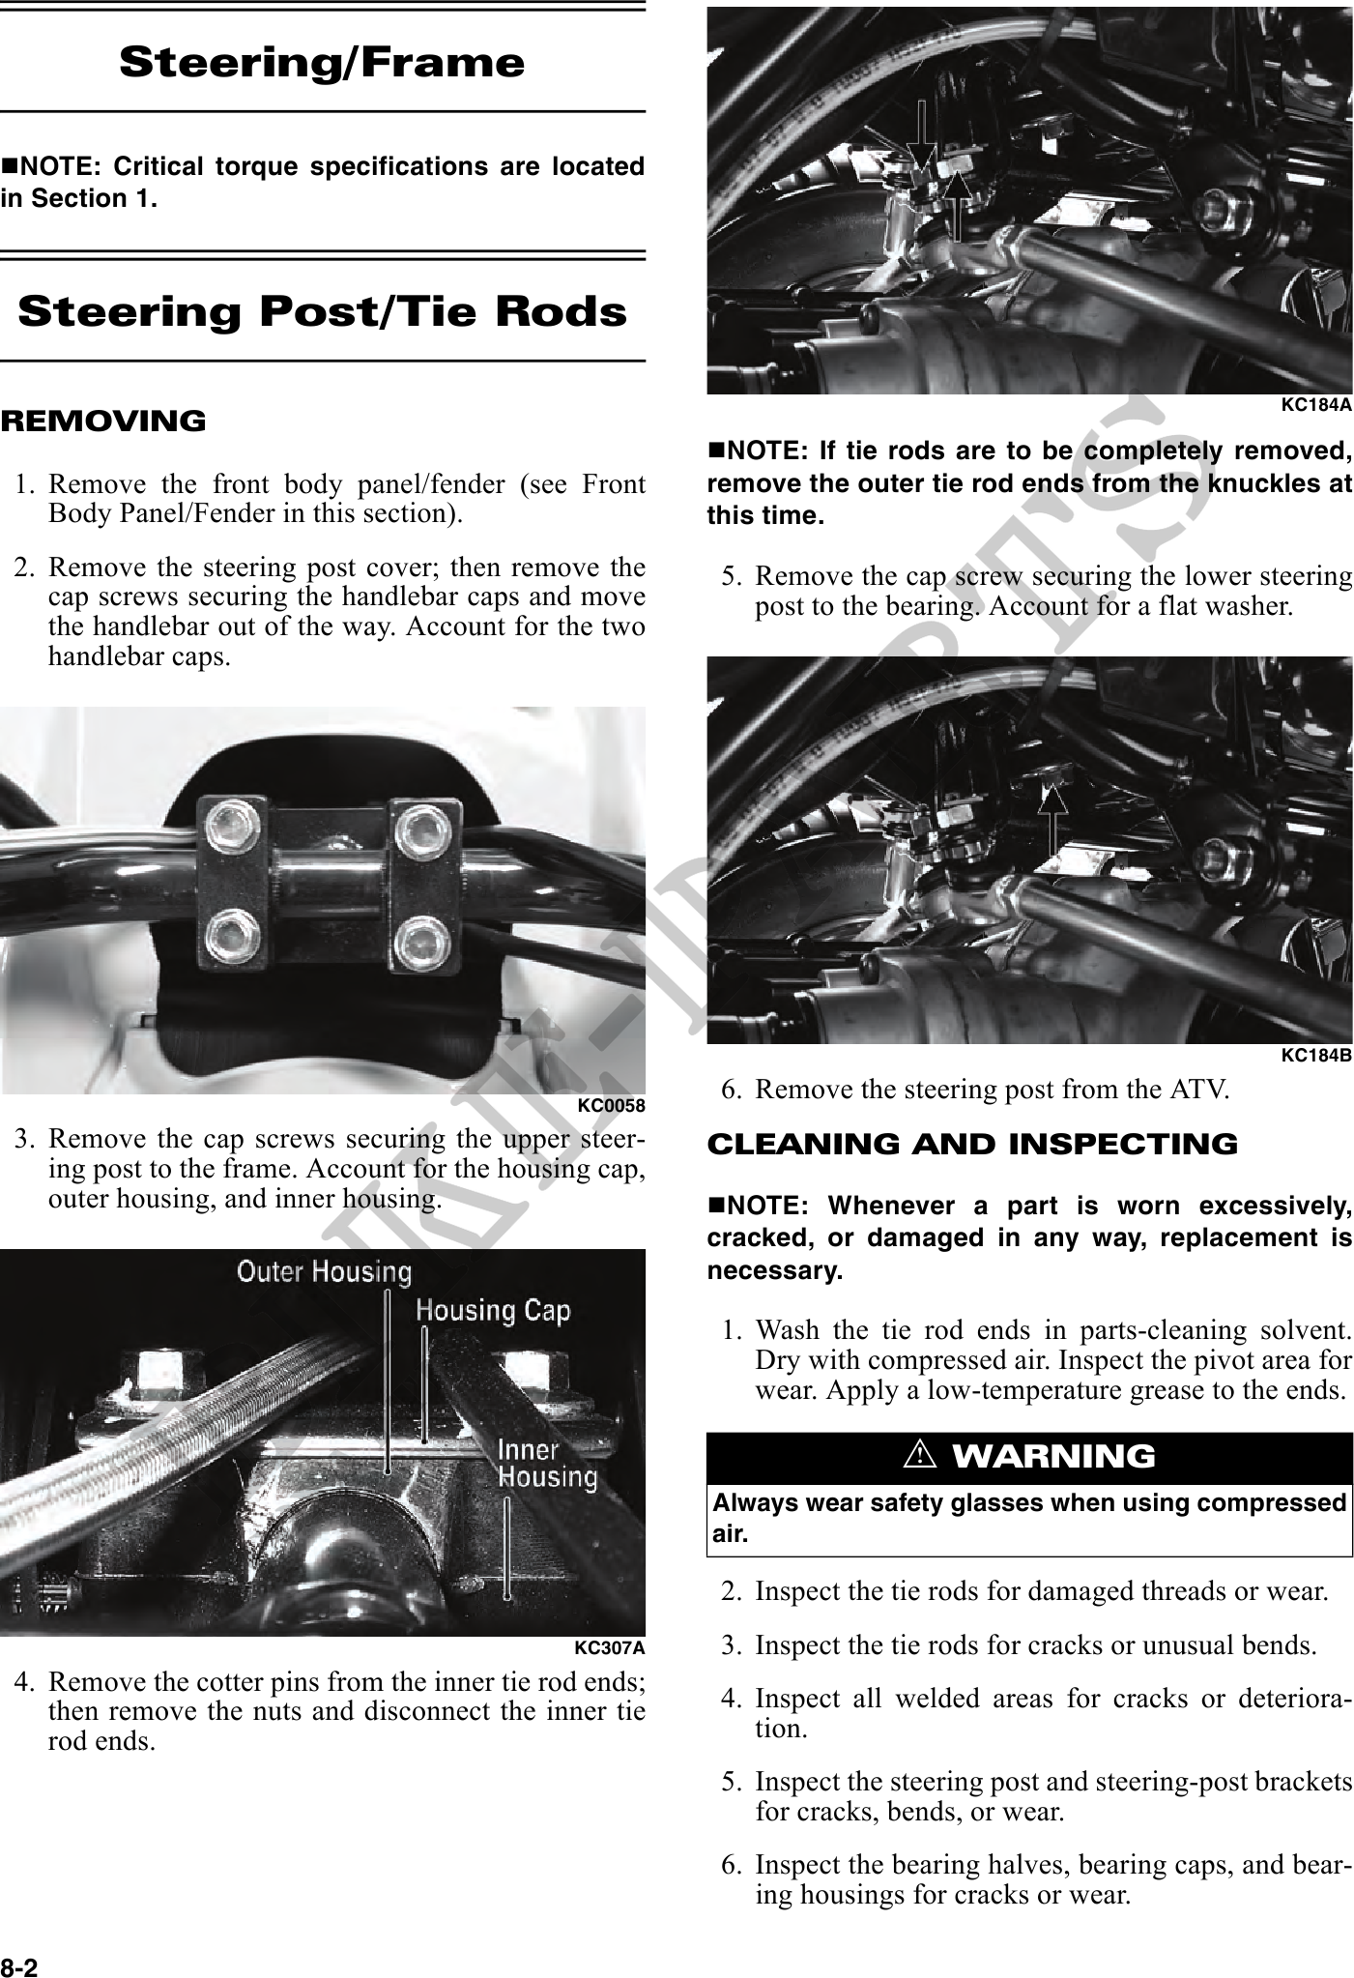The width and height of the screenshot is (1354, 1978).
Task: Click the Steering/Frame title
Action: pyautogui.click(x=322, y=63)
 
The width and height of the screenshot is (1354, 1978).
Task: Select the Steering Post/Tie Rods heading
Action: pyautogui.click(x=322, y=312)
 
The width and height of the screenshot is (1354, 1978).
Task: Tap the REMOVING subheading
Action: pyautogui.click(x=103, y=422)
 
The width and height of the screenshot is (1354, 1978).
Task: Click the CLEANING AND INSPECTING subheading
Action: pyautogui.click(x=972, y=1144)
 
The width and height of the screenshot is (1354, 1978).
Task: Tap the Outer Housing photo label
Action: pyautogui.click(x=325, y=1272)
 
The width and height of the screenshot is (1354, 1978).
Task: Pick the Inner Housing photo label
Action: pyautogui.click(x=547, y=1463)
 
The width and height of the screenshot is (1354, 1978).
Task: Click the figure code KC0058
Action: pyautogui.click(x=611, y=1105)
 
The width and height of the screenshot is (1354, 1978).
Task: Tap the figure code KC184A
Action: pyautogui.click(x=1316, y=405)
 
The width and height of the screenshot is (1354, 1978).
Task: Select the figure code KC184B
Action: pyautogui.click(x=1316, y=1055)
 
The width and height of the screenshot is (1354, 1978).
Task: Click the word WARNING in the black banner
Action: pyautogui.click(x=1053, y=1455)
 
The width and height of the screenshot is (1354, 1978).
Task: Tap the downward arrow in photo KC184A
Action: pyautogui.click(x=921, y=140)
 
